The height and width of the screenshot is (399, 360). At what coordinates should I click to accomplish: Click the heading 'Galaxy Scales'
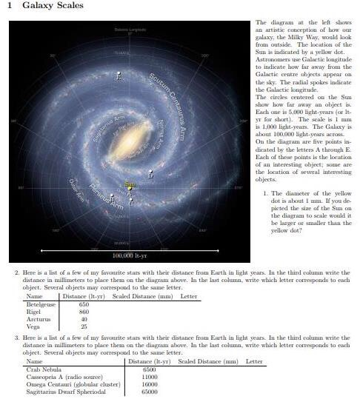53,6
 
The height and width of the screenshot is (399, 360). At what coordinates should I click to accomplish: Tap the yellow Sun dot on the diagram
130,188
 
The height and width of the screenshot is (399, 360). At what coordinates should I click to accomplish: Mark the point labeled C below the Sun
131,201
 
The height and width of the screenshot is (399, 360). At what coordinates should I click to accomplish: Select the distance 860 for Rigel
84,312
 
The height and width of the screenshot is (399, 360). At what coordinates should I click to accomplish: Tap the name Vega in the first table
33,326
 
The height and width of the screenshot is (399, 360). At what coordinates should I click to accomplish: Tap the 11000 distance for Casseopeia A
150,376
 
